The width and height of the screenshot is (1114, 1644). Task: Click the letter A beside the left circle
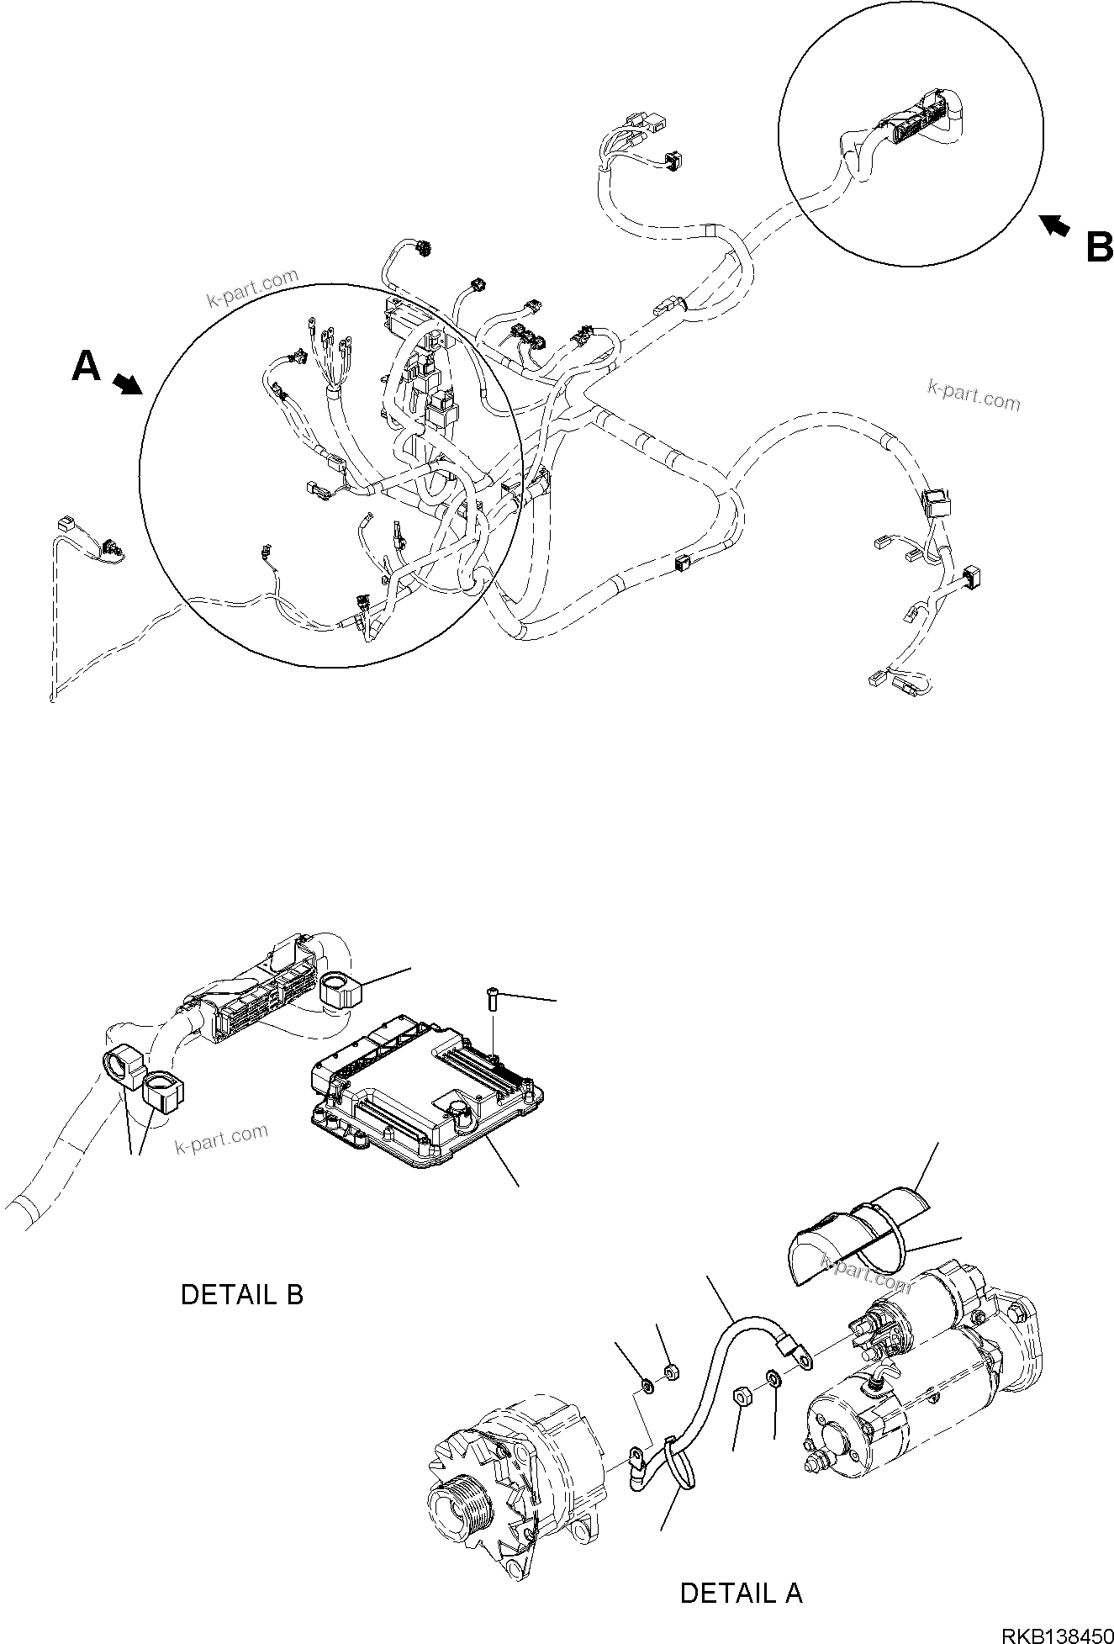click(87, 367)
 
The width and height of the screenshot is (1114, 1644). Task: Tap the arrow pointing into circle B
click(1055, 225)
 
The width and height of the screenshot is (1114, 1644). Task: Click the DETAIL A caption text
click(741, 1593)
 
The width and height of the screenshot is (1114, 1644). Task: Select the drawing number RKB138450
click(1056, 1631)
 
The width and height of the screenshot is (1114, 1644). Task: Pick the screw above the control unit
click(493, 1002)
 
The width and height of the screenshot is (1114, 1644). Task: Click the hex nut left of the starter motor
click(743, 1396)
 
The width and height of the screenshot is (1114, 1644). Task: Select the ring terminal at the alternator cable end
click(637, 1455)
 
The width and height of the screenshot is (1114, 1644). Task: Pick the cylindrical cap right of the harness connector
click(340, 988)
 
